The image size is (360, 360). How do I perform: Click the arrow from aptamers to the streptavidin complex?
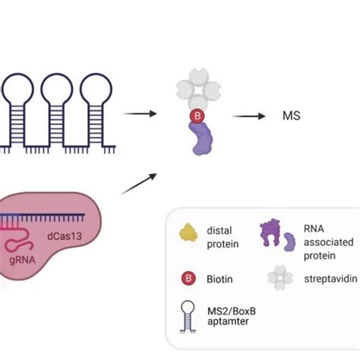(x=141, y=114)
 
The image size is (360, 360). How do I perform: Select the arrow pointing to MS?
(x=248, y=116)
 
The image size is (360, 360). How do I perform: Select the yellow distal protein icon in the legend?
(x=187, y=233)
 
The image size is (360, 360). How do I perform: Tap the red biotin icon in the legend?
(x=187, y=279)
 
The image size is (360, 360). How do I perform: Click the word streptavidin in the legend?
(x=319, y=279)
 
